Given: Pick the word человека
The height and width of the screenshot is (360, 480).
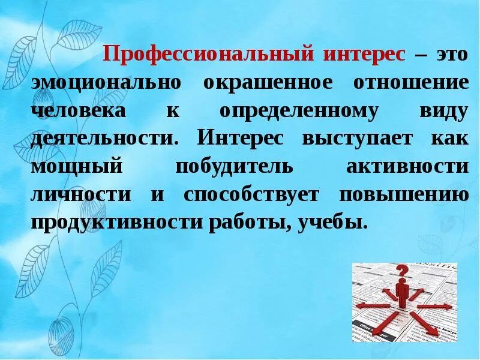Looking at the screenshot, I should point(79,111).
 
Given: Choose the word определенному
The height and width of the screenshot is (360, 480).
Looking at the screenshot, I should point(298,111).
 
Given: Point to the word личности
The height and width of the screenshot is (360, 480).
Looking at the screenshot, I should point(81,194).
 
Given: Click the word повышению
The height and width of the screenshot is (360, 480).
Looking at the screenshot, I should point(403,194).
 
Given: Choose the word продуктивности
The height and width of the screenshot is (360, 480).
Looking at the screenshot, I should point(117,223).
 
